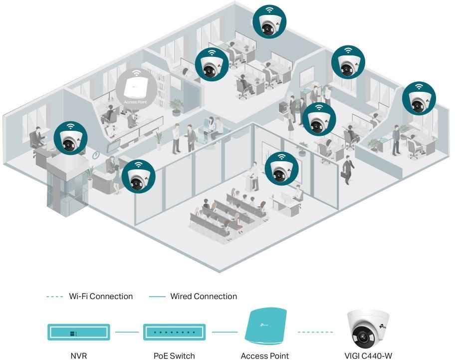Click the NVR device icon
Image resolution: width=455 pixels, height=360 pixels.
coord(78,332)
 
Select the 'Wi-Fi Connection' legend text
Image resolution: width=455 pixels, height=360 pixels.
coord(101,296)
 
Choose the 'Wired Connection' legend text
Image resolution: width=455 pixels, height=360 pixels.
coord(204,296)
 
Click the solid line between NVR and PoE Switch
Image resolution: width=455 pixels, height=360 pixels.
coord(127,332)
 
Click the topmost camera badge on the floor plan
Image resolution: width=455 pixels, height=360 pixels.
coord(270,21)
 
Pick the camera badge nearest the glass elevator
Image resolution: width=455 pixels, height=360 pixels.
coord(70,138)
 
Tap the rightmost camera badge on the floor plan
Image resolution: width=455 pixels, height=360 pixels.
coord(419,99)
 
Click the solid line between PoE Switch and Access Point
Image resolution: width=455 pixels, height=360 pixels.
coord(224,332)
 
